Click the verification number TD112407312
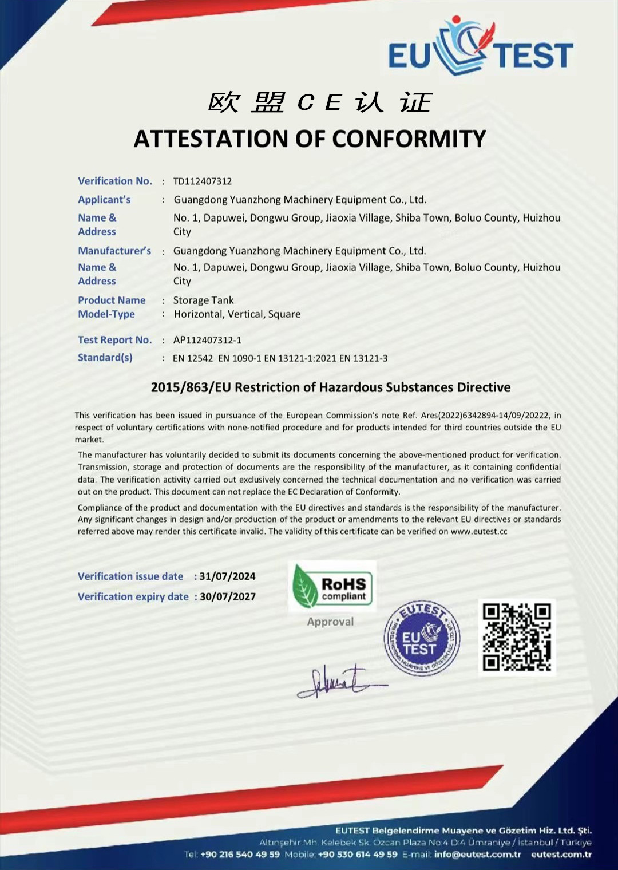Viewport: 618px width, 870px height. [x=203, y=181]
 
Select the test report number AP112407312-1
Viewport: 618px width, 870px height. [x=207, y=340]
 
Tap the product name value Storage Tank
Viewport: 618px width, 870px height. [x=204, y=300]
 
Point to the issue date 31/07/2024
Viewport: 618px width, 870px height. [x=227, y=576]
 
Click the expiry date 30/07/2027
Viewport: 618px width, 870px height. [x=227, y=596]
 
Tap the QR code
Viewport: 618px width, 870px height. [x=517, y=637]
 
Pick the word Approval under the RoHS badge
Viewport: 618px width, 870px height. [x=330, y=622]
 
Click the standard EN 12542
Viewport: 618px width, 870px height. [x=193, y=358]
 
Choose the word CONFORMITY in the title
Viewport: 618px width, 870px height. [x=409, y=139]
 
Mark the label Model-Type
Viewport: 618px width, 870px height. [x=106, y=314]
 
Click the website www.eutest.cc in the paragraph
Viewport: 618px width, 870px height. [x=479, y=531]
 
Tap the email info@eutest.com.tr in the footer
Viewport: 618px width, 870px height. [x=477, y=855]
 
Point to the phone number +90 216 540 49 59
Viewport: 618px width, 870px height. [x=240, y=855]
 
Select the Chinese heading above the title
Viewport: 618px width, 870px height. [x=319, y=103]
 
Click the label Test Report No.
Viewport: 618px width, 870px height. [x=114, y=340]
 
